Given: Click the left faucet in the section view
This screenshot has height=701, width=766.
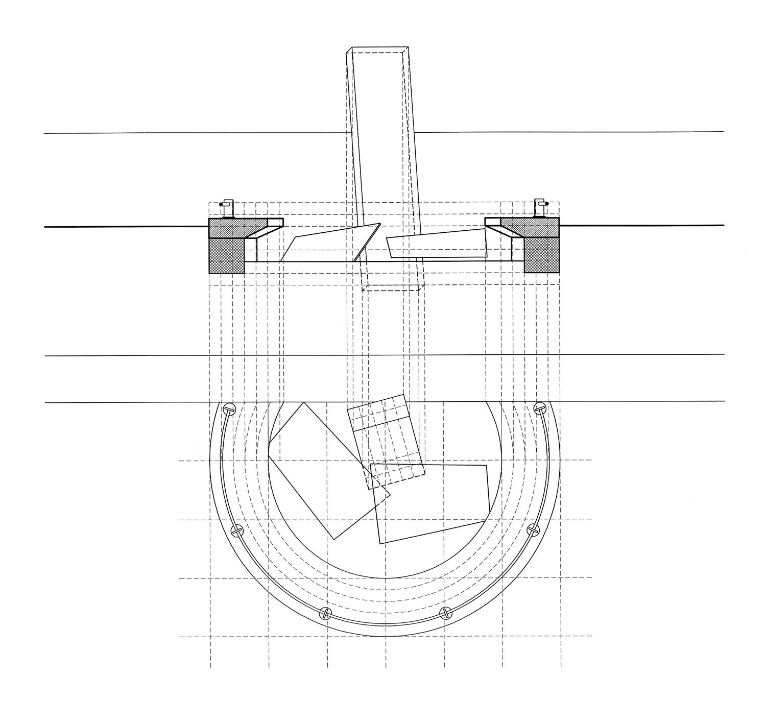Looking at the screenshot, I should click(226, 208).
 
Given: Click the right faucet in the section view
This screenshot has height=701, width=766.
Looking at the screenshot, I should click(539, 207).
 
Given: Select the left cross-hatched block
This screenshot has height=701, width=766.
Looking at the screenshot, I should click(227, 255).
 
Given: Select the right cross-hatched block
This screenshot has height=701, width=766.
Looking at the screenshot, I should click(542, 255).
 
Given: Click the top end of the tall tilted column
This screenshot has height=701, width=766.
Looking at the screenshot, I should click(379, 51).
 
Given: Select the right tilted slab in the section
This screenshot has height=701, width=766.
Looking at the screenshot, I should click(437, 244).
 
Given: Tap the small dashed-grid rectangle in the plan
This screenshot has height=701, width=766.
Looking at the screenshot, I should click(386, 439).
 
